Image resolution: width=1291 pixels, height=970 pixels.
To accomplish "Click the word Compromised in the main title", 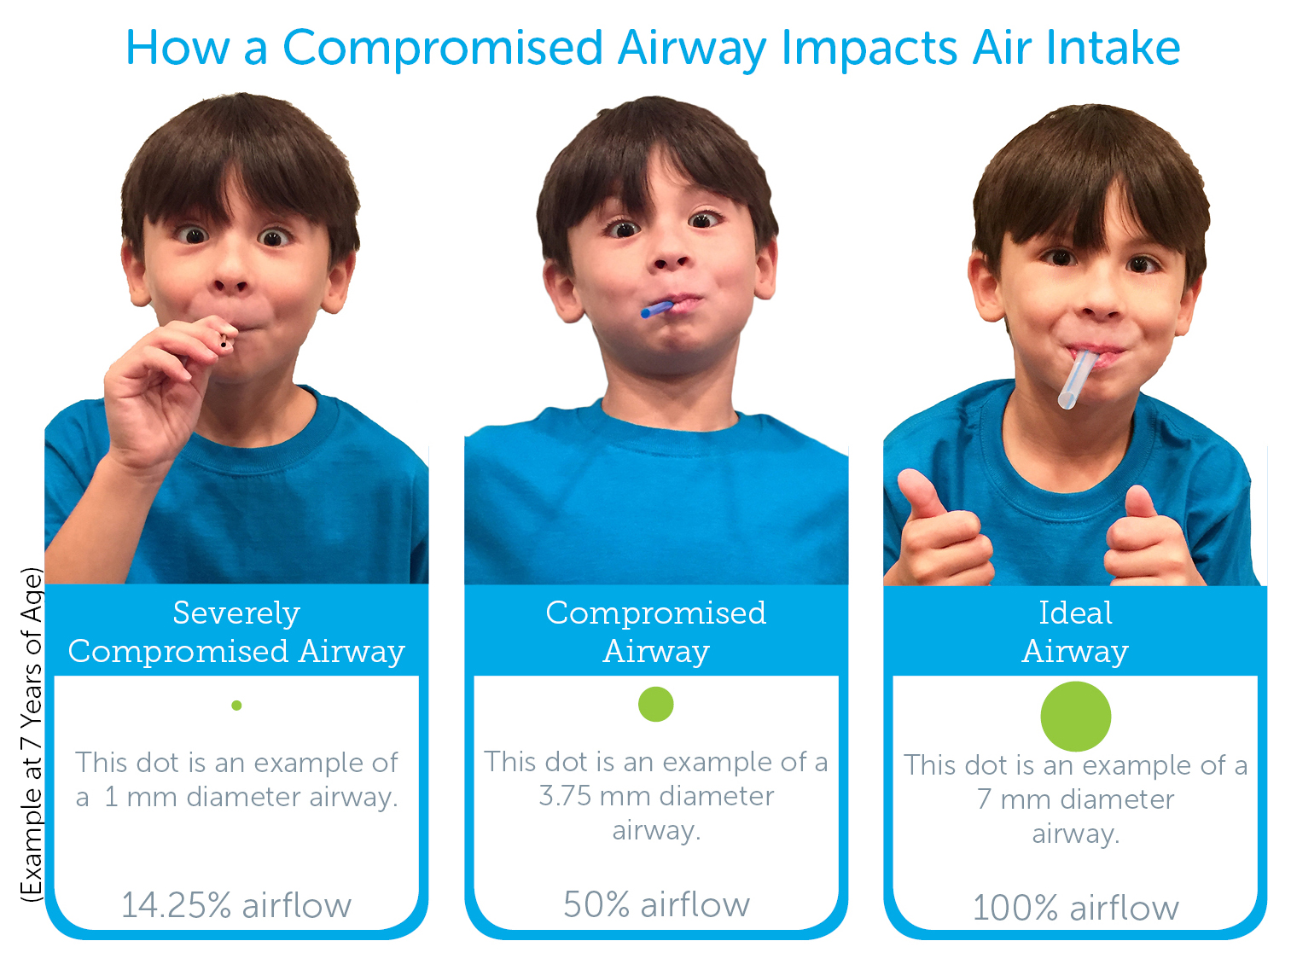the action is [443, 49].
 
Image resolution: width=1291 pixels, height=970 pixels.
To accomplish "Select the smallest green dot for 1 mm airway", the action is [236, 706].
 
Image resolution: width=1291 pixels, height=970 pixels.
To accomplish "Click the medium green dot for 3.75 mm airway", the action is [656, 704].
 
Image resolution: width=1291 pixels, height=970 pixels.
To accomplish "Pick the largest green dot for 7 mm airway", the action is [1076, 716].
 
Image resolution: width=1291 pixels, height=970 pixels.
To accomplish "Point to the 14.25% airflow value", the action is [236, 905].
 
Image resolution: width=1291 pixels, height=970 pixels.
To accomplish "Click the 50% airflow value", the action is [656, 904].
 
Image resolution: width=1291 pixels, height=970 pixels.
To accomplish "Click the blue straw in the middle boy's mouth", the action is [656, 309].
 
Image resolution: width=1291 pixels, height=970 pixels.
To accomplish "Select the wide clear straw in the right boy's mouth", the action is [1076, 379].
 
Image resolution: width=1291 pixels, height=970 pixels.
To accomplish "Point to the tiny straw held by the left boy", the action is [224, 340].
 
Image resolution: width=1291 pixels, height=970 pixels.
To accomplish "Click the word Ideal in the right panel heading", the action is [1076, 613].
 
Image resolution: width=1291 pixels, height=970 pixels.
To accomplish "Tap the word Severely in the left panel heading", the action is [236, 613].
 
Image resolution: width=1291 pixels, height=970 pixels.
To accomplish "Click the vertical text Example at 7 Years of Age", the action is [32, 735].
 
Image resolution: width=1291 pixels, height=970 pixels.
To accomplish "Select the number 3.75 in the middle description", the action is [565, 796].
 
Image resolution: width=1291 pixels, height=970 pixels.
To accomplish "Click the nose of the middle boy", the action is [667, 256].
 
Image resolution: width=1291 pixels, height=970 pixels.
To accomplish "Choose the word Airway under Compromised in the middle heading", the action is [656, 652].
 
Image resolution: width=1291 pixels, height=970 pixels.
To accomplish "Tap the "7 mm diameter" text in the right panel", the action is [1076, 799].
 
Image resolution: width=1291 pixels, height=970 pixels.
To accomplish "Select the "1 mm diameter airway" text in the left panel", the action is [251, 797].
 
